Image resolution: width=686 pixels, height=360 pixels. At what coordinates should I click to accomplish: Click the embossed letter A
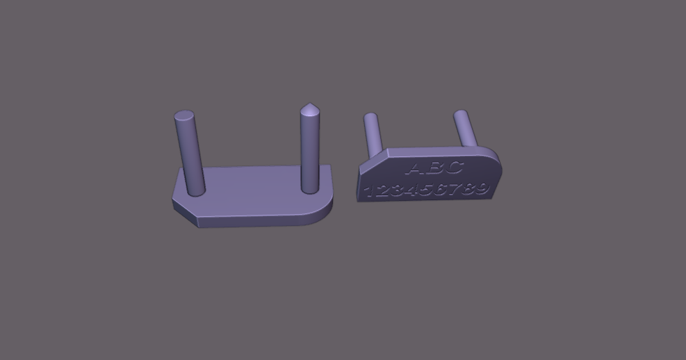pyautogui.click(x=415, y=169)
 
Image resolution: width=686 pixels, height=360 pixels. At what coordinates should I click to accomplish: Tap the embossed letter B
pyautogui.click(x=433, y=168)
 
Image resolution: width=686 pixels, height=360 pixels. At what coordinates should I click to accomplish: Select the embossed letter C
pyautogui.click(x=452, y=167)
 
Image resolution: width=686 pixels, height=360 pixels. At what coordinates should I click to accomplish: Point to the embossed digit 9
pyautogui.click(x=481, y=188)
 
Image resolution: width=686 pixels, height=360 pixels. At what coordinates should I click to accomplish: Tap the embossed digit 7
pyautogui.click(x=455, y=189)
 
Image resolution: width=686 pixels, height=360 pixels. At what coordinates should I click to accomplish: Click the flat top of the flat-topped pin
pyautogui.click(x=184, y=115)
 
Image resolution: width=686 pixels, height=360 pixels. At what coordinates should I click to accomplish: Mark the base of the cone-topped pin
pyautogui.click(x=310, y=189)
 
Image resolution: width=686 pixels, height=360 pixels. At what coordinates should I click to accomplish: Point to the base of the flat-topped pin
pyautogui.click(x=196, y=191)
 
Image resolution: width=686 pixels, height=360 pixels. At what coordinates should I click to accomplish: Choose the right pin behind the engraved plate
pyautogui.click(x=466, y=129)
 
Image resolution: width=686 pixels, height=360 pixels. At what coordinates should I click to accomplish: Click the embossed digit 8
pyautogui.click(x=468, y=189)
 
